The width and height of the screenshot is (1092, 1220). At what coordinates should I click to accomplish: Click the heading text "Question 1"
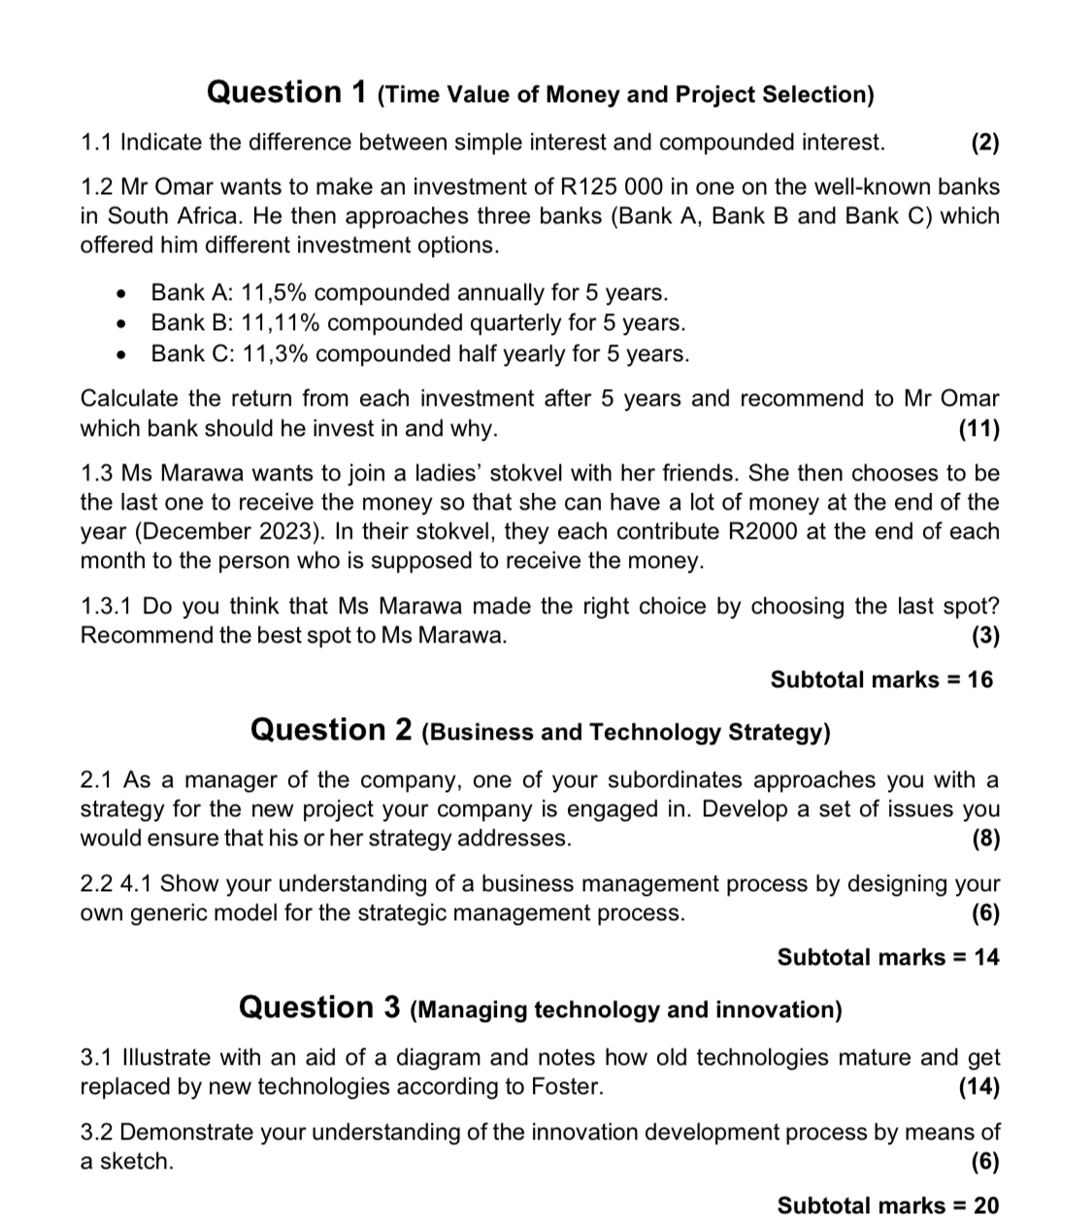(287, 93)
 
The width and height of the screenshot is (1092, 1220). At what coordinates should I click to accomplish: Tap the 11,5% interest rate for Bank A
(274, 293)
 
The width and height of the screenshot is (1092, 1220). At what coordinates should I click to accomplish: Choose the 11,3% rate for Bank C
(275, 353)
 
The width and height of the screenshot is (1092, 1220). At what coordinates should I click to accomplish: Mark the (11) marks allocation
(977, 428)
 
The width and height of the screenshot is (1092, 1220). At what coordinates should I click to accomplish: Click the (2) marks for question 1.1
(984, 143)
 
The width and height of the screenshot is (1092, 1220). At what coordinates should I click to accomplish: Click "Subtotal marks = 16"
(881, 679)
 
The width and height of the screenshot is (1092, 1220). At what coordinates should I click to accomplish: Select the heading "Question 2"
(331, 730)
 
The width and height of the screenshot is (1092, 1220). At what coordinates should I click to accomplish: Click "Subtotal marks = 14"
(887, 957)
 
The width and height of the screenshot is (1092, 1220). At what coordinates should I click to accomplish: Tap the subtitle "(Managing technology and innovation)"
(626, 1009)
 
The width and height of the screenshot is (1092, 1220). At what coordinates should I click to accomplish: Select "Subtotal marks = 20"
(887, 1205)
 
